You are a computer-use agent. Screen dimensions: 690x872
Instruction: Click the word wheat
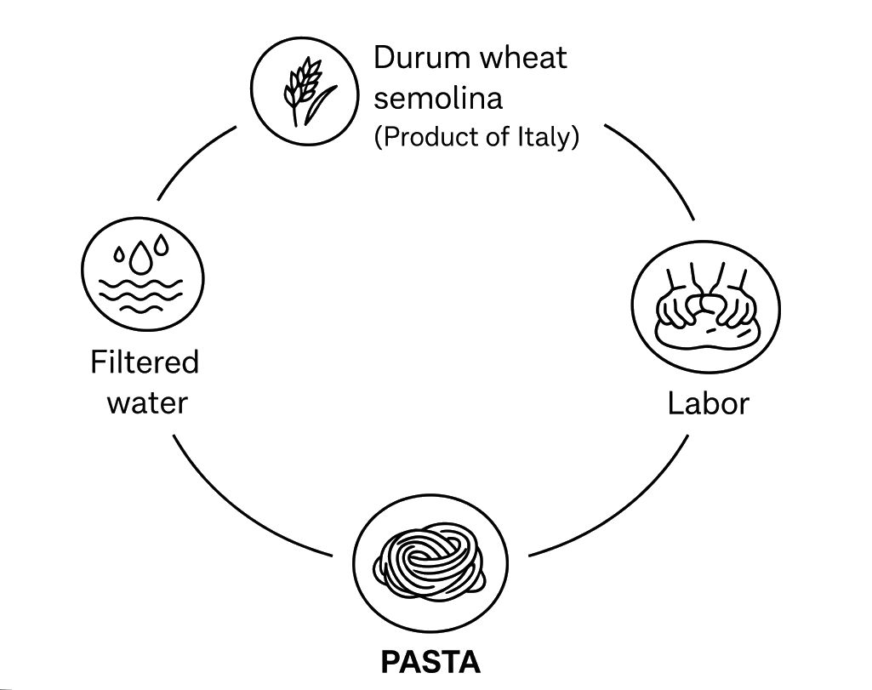[x=523, y=58]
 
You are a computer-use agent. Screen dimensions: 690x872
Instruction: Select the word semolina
[x=438, y=98]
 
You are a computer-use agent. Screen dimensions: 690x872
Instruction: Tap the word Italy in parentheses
[x=548, y=137]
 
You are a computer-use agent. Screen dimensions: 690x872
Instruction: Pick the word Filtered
[x=145, y=362]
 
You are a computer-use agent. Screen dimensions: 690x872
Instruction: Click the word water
[x=146, y=402]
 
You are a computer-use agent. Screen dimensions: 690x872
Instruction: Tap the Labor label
[x=708, y=402]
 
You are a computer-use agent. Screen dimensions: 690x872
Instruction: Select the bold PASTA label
[x=430, y=661]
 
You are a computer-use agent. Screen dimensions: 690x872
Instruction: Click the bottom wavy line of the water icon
[x=142, y=305]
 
